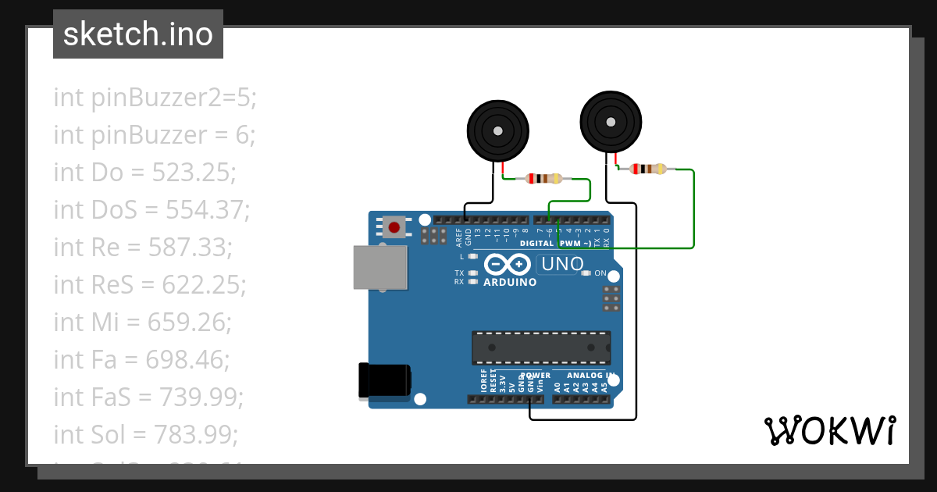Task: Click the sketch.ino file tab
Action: pos(138,34)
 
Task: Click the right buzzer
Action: pos(611,123)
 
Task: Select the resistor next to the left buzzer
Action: pos(544,178)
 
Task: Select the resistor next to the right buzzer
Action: pos(649,169)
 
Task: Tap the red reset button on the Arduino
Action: pos(394,228)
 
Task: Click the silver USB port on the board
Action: pos(380,268)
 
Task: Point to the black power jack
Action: pos(383,381)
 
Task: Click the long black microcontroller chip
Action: pos(541,348)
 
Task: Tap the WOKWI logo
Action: pos(829,430)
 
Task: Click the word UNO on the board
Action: pos(561,265)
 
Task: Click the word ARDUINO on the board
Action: pos(510,282)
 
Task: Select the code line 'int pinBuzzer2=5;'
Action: pos(155,98)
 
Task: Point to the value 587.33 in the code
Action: pos(197,248)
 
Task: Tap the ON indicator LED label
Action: pos(600,273)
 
